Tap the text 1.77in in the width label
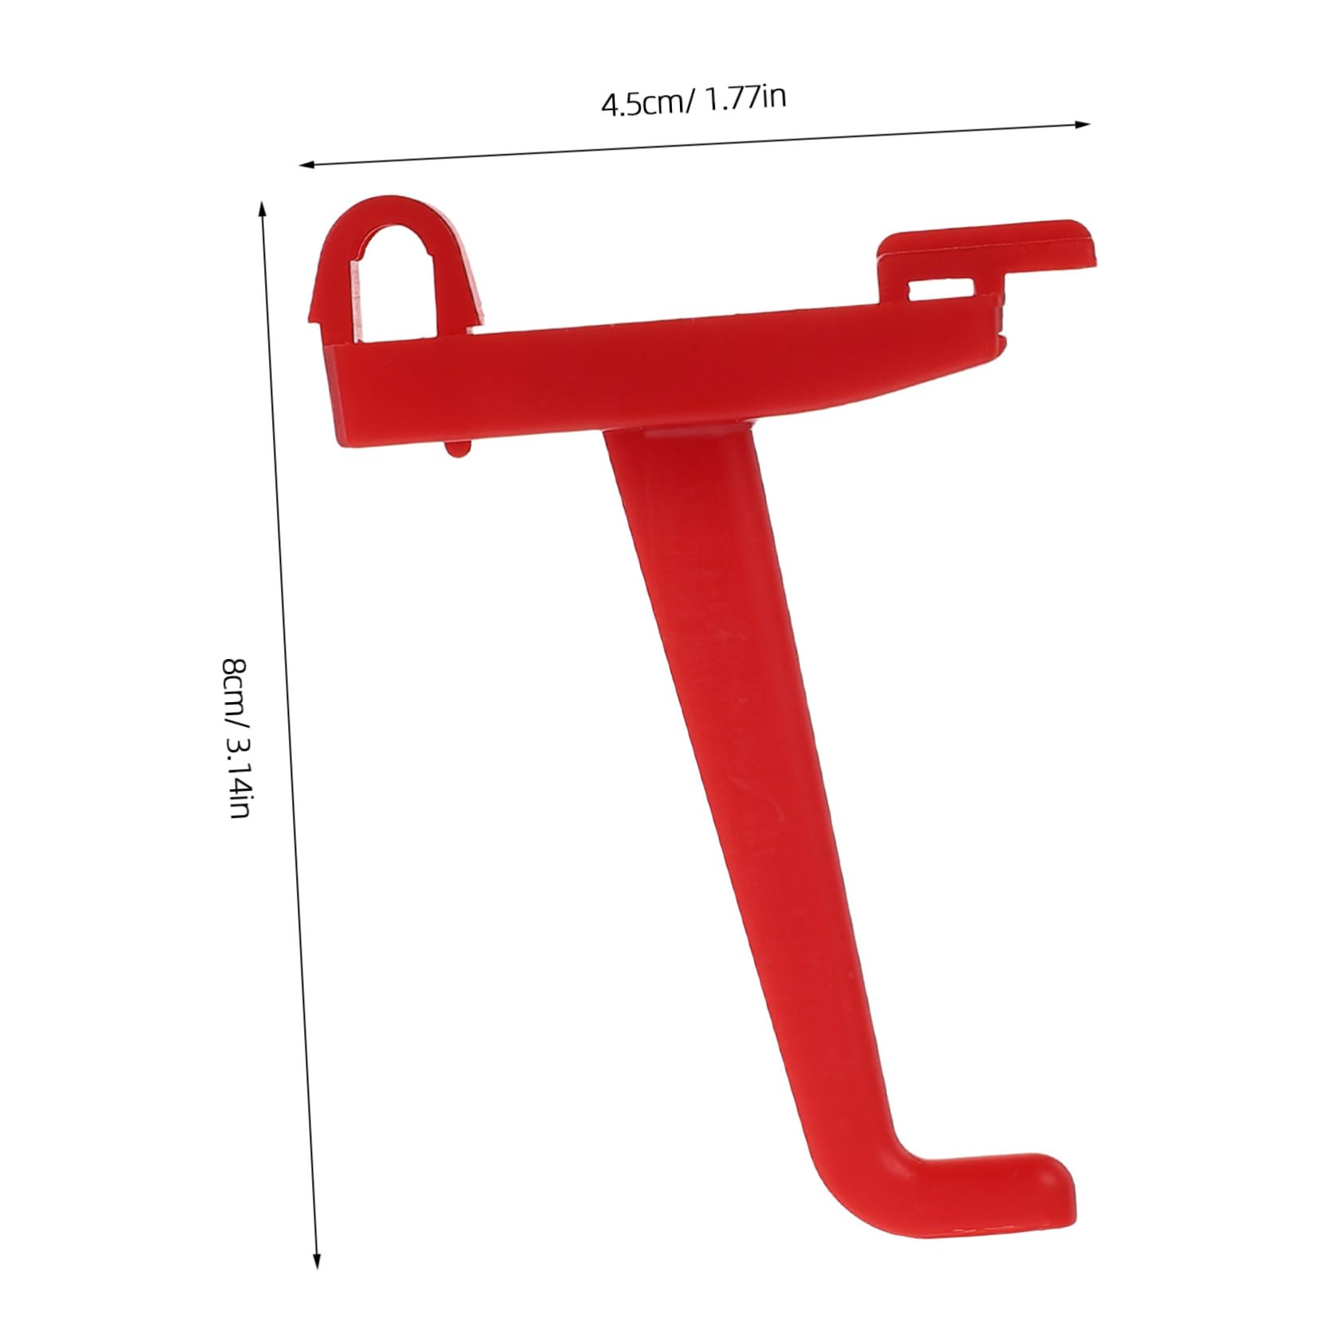pyautogui.click(x=743, y=98)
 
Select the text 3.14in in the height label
pyautogui.click(x=237, y=777)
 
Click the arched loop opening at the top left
pyautogui.click(x=397, y=275)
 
